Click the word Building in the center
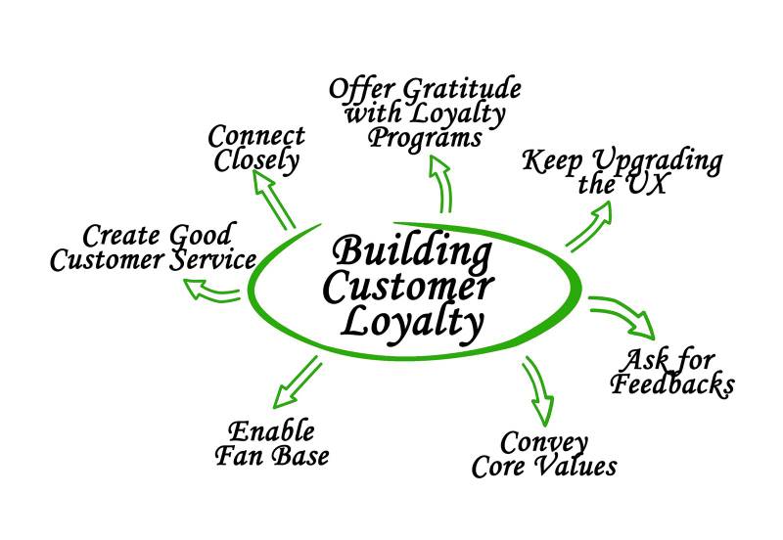pyautogui.click(x=412, y=253)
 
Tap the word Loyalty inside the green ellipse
pyautogui.click(x=412, y=321)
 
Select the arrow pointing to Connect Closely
pyautogui.click(x=276, y=201)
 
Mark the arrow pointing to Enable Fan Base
pyautogui.click(x=296, y=382)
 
